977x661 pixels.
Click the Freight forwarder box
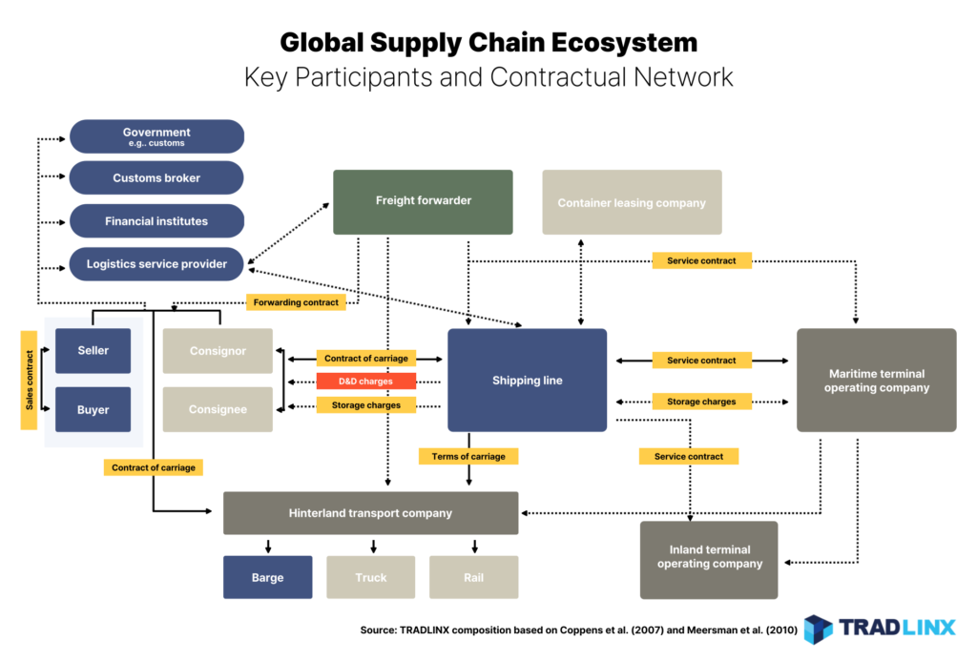coord(423,202)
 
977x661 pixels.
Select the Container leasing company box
coord(632,202)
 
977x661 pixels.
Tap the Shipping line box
coord(527,380)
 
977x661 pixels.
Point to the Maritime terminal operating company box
coord(876,380)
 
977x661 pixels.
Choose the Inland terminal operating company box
coord(709,560)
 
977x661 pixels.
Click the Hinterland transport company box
coord(371,513)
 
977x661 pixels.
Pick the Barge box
coord(268,577)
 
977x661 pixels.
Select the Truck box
coord(371,577)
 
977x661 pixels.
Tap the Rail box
coord(473,577)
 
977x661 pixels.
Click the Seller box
coord(93,351)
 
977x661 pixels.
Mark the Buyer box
coord(93,409)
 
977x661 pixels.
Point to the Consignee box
coord(218,409)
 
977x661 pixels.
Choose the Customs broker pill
coord(156,177)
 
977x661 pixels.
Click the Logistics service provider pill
coord(156,263)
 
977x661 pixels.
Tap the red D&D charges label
coord(365,381)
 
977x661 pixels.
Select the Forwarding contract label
coord(296,302)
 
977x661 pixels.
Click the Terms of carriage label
coord(468,456)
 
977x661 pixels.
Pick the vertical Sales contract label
coord(30,380)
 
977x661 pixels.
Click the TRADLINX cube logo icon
coord(818,629)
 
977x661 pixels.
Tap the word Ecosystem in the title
coord(624,43)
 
